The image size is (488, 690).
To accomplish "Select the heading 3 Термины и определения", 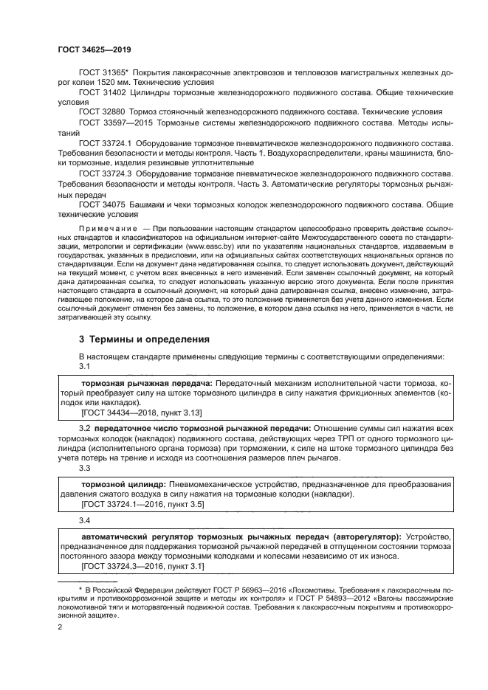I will [x=145, y=339].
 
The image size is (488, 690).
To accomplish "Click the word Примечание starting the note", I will [x=104, y=231].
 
